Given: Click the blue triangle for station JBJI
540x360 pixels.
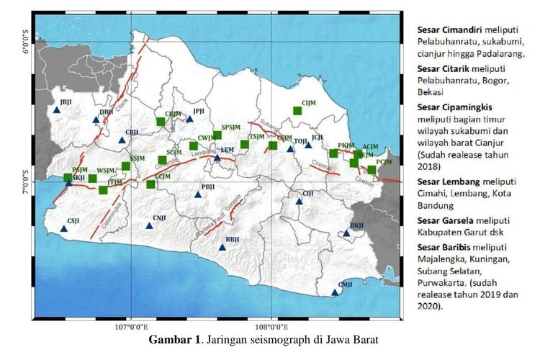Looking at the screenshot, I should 57,110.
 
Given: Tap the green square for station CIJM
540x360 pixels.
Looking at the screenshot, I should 297,110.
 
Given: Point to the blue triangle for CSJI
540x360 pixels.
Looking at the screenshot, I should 64,229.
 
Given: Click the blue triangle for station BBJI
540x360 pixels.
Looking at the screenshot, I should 222,248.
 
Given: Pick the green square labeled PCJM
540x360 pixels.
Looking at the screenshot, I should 372,170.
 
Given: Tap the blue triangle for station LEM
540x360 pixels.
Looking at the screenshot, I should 217,158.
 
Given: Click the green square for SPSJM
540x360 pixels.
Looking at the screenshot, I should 217,135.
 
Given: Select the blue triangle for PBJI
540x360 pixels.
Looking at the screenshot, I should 199,194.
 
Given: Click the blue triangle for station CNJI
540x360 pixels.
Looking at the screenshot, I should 150,226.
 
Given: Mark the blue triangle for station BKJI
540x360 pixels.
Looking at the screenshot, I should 346,233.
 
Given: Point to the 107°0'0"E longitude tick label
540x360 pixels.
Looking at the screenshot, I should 131,328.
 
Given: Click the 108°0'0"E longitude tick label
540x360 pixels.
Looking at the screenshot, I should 271,328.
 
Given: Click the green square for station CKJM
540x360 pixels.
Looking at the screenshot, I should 161,122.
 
